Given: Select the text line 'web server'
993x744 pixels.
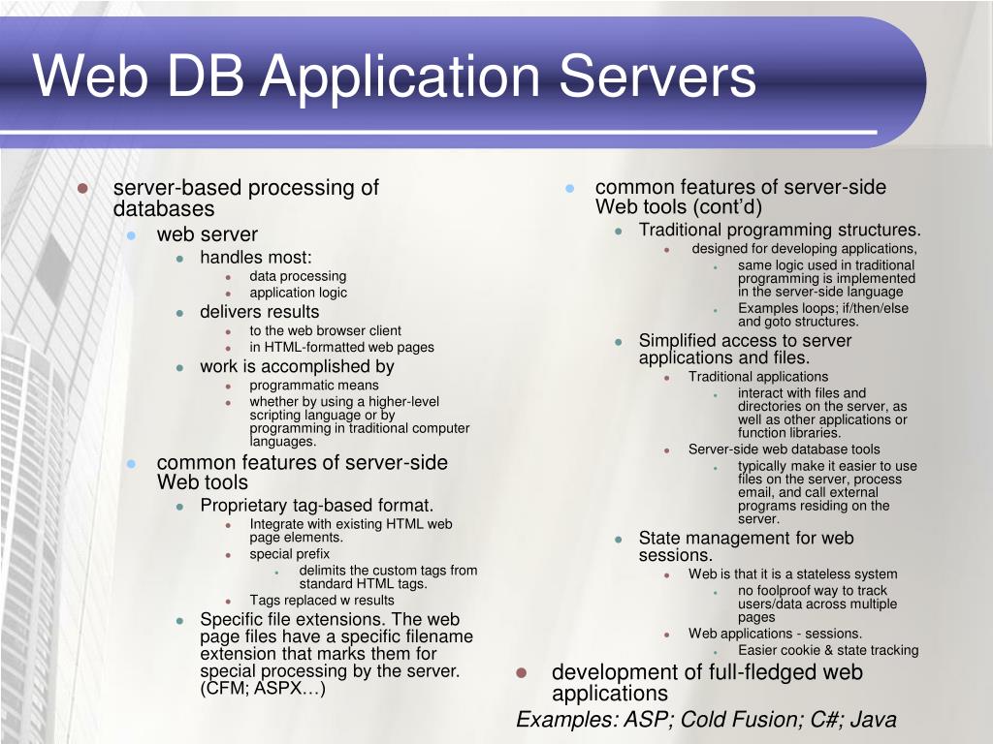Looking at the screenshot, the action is pyautogui.click(x=208, y=234).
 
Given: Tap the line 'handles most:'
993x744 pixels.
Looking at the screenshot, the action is pyautogui.click(x=256, y=258).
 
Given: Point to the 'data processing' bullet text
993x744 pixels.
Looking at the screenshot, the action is pyautogui.click(x=298, y=276).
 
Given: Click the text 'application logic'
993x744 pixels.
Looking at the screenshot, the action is pyautogui.click(x=298, y=293).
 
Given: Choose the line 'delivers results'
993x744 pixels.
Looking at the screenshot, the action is pyautogui.click(x=259, y=312).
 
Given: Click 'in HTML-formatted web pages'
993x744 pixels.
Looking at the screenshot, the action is pyautogui.click(x=341, y=347).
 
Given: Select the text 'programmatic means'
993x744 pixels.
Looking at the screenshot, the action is pyautogui.click(x=314, y=385).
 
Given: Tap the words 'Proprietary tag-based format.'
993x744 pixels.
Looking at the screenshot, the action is pyautogui.click(x=316, y=506).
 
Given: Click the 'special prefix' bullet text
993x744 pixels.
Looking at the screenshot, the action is pyautogui.click(x=290, y=554).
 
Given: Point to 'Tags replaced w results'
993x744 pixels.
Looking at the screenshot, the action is pyautogui.click(x=322, y=600).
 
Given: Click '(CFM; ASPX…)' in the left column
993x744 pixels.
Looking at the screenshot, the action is pyautogui.click(x=263, y=690).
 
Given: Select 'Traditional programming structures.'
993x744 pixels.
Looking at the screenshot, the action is pyautogui.click(x=780, y=231).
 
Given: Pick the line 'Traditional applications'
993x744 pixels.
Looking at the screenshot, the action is pyautogui.click(x=758, y=376).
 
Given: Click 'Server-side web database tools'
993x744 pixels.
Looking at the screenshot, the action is pyautogui.click(x=785, y=449).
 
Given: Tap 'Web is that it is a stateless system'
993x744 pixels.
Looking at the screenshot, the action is pyautogui.click(x=793, y=573).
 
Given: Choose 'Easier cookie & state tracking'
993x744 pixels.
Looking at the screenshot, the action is pyautogui.click(x=828, y=650).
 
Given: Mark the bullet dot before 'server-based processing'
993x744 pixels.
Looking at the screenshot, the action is pyautogui.click(x=83, y=188).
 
